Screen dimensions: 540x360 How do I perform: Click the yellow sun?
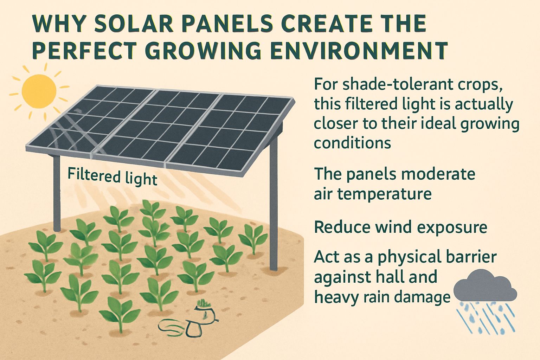tap(39, 91)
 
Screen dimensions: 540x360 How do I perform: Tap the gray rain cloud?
tap(485, 285)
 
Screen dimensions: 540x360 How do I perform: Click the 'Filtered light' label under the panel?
tap(112, 177)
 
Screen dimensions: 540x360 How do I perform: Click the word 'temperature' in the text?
tap(384, 194)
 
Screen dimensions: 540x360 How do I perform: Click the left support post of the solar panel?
tap(57, 193)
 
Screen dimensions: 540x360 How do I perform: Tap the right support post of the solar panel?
tap(274, 205)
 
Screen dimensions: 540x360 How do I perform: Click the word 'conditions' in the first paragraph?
tap(352, 143)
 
